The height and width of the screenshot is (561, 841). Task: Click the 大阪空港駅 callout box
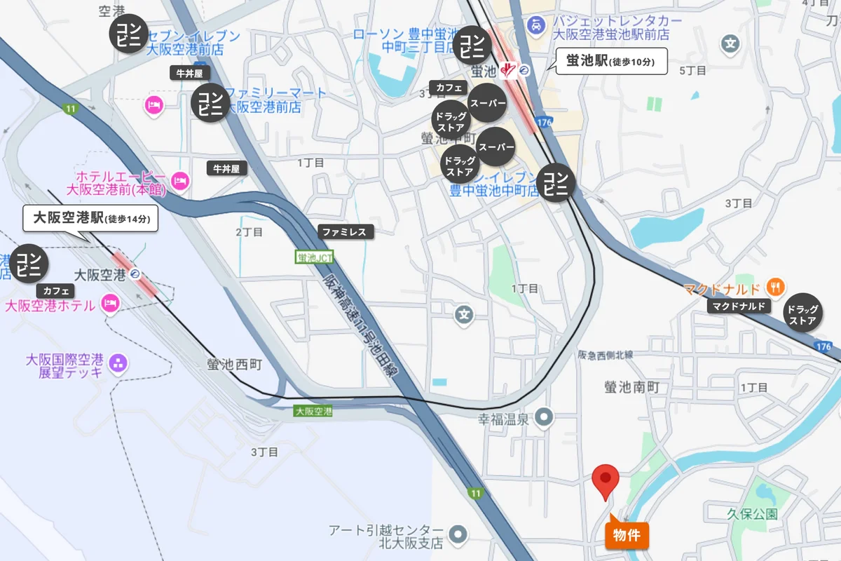(90, 218)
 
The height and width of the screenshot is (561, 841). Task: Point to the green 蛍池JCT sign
(315, 257)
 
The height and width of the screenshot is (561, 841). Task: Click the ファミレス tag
(344, 231)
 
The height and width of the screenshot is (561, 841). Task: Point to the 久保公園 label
(752, 514)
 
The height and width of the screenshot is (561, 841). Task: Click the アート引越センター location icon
(458, 535)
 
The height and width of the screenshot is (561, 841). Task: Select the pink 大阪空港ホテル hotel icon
(109, 304)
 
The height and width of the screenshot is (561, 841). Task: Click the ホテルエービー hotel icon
(180, 180)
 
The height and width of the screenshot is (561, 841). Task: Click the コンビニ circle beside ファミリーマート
(210, 103)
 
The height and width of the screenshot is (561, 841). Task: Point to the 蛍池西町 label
(234, 365)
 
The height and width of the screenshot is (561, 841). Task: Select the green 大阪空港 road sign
(313, 412)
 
